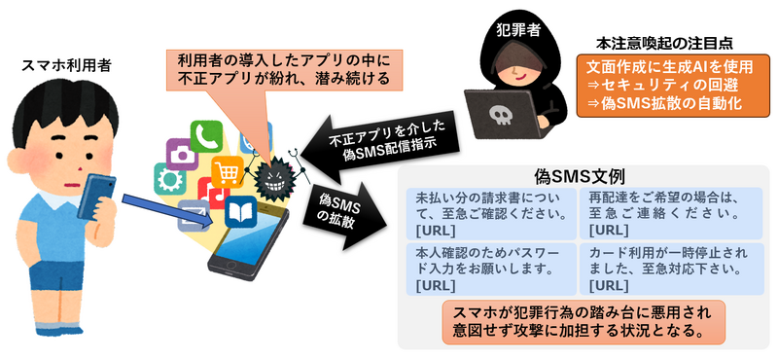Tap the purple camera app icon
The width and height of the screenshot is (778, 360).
pyautogui.click(x=182, y=152)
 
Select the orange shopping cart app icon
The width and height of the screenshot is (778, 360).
pyautogui.click(x=227, y=172)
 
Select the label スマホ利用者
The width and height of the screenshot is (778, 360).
pyautogui.click(x=66, y=66)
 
